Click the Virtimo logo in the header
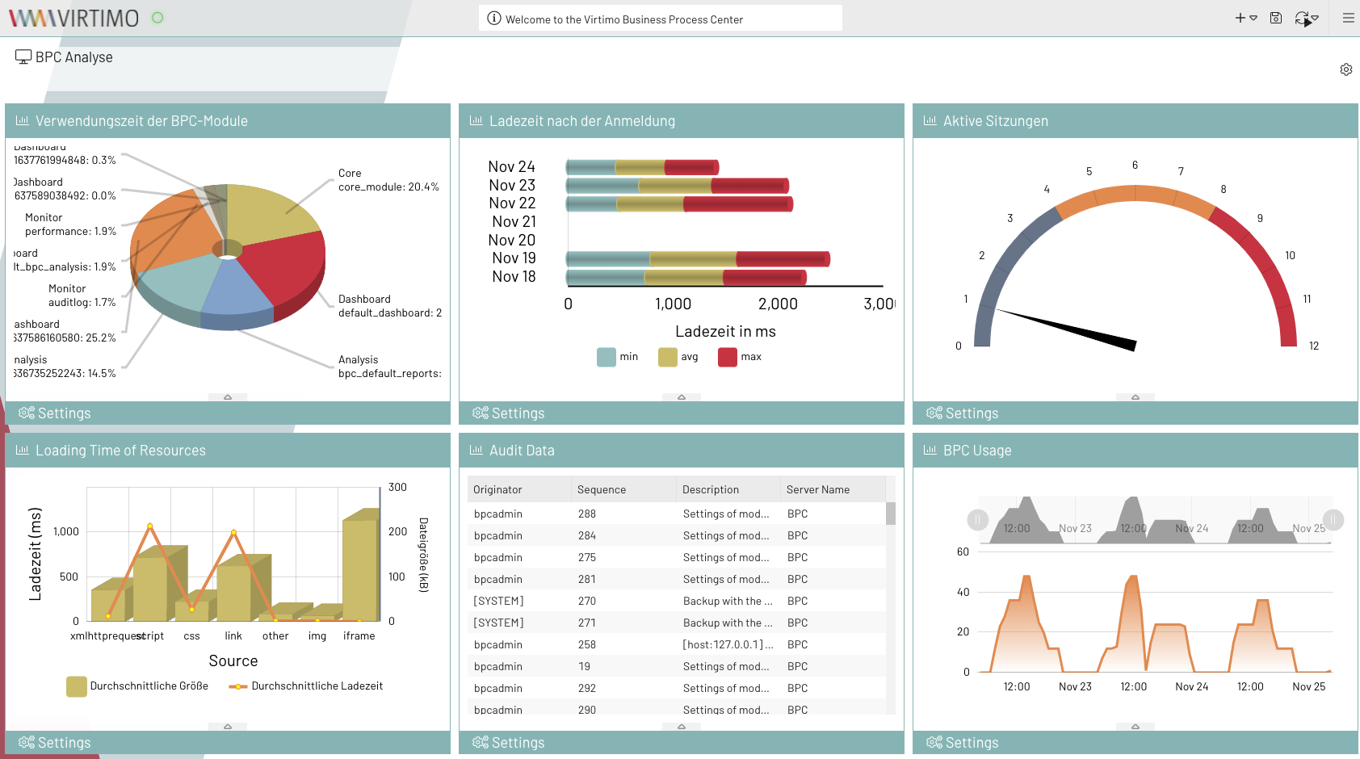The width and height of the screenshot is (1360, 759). tap(73, 18)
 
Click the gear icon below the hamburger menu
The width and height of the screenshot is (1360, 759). tap(1345, 69)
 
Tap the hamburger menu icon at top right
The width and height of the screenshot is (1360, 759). tap(1348, 18)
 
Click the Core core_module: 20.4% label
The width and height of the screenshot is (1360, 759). tap(388, 180)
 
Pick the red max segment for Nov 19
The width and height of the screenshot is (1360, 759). tap(782, 259)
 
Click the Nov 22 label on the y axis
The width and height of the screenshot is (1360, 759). tap(512, 203)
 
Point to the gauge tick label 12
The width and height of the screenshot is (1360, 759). tap(1313, 346)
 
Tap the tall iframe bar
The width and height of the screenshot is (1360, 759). tap(360, 569)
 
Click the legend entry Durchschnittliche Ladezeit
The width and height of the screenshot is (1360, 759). tap(307, 686)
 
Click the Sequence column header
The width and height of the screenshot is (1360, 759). tap(602, 489)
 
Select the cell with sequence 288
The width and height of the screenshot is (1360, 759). tap(587, 514)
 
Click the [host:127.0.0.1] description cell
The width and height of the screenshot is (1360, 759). tap(728, 644)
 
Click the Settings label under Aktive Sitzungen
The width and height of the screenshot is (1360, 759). tap(972, 413)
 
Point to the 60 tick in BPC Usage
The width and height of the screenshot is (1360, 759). tap(963, 552)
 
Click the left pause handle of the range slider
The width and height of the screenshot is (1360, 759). tap(977, 520)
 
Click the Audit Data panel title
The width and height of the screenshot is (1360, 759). tap(522, 451)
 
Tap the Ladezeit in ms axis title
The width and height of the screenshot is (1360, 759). tap(725, 332)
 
